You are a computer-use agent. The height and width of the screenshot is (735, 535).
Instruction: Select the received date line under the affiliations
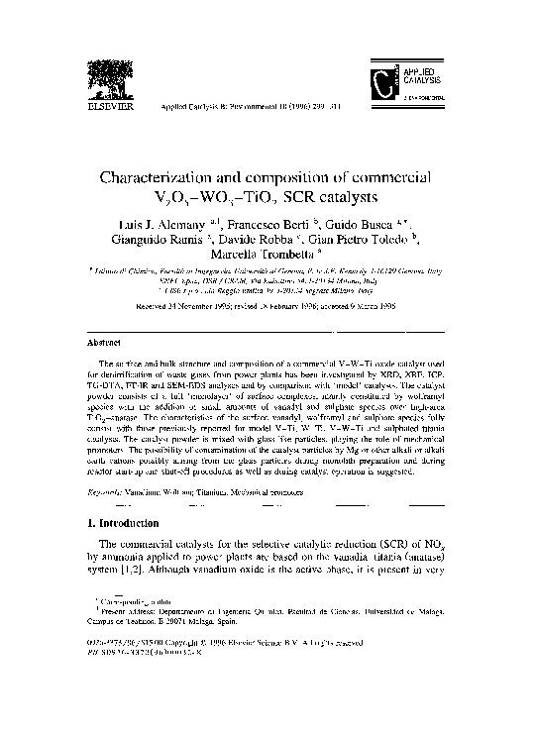pos(267,306)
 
